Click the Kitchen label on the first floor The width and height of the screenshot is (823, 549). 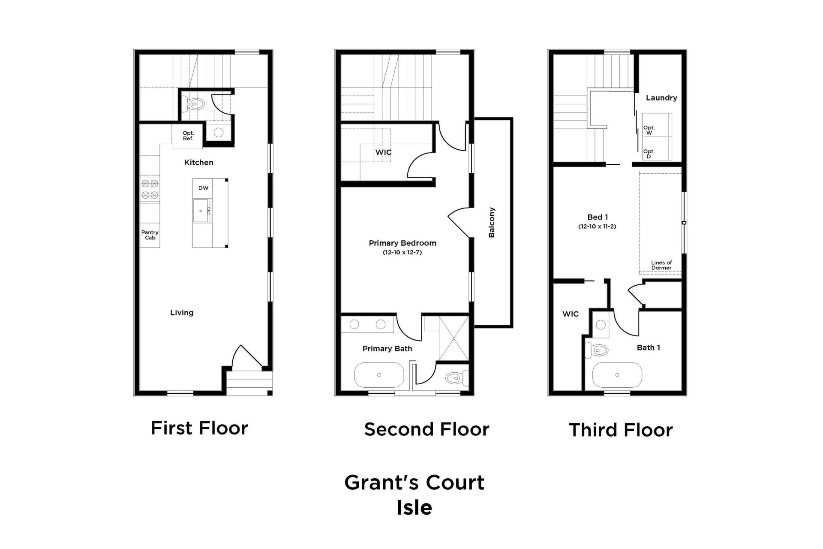[198, 162]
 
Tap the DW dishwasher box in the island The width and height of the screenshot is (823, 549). [203, 188]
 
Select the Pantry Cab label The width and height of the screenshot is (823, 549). [150, 235]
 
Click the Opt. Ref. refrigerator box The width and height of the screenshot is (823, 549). [188, 136]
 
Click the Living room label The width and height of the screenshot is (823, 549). [182, 313]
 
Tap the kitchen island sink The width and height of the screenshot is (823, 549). [201, 211]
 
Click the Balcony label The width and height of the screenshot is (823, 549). [492, 223]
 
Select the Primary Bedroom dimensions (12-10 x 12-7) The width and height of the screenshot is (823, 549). [402, 253]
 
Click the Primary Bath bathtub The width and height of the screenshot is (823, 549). [379, 375]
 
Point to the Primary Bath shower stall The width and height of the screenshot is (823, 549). [454, 338]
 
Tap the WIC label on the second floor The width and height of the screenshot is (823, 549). [383, 152]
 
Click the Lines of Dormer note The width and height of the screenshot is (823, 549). [661, 265]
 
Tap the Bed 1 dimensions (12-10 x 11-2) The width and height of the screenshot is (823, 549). [597, 226]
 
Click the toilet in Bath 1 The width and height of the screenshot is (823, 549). [598, 350]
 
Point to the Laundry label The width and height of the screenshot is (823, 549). [661, 98]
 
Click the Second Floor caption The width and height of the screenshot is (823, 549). [427, 429]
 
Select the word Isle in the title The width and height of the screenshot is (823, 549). [414, 508]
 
